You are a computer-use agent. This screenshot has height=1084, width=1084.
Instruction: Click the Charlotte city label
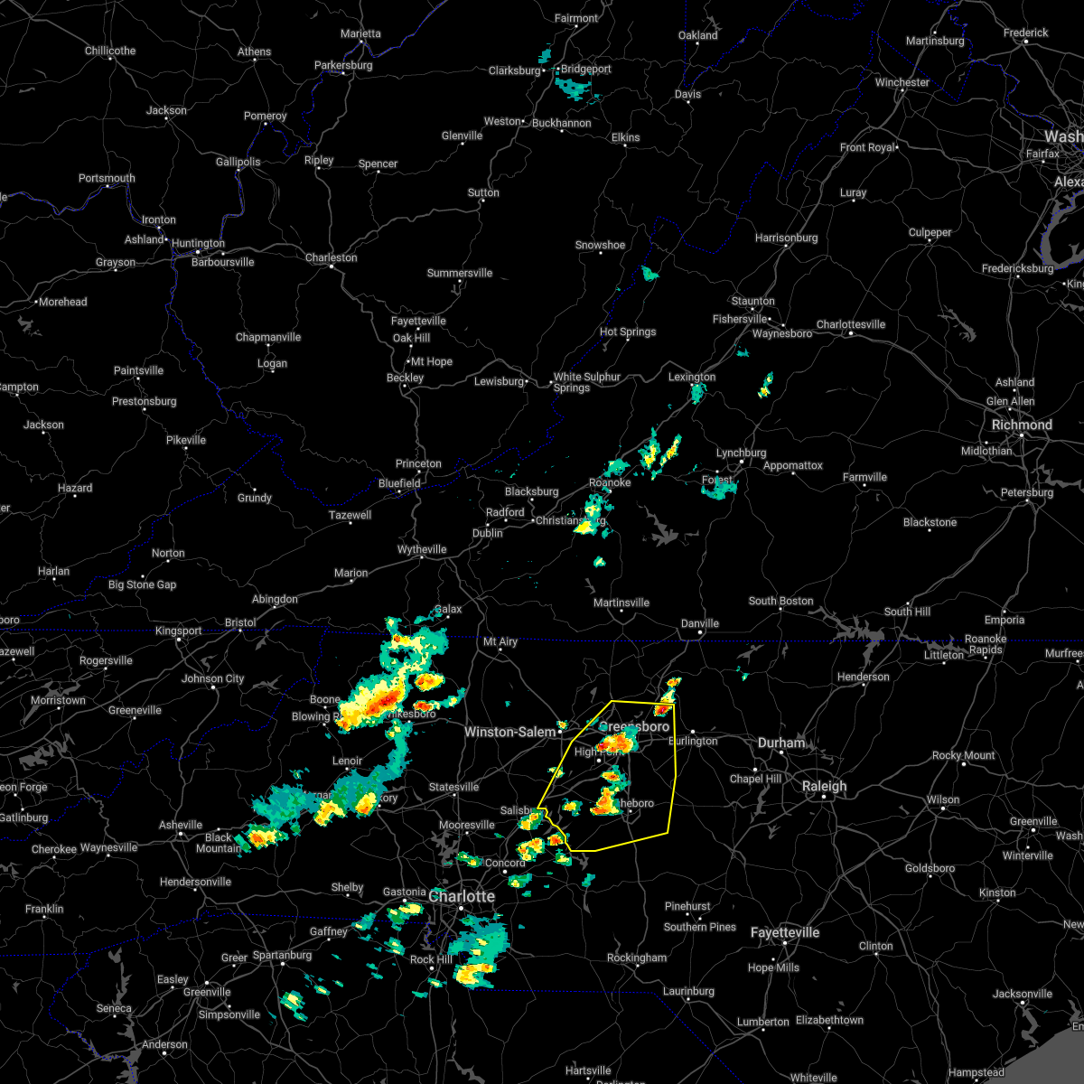462,896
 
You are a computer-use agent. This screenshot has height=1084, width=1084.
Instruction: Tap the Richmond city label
1022,425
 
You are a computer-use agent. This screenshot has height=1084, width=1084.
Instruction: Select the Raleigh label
825,787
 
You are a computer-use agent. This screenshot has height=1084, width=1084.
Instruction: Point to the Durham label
781,743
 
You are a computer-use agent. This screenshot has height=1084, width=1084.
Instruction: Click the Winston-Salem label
510,732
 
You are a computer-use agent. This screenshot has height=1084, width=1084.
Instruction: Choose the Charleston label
331,257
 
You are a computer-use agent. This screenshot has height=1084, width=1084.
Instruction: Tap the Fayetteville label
785,932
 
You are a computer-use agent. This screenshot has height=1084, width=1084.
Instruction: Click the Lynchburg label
741,453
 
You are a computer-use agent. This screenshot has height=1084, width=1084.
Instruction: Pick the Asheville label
181,825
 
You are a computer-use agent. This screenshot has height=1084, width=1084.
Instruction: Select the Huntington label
198,243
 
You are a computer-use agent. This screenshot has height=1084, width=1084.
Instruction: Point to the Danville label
699,623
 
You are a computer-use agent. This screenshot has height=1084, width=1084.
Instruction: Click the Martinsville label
621,603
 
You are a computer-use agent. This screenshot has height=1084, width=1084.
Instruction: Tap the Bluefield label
399,483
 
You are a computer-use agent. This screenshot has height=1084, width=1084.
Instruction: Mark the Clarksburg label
514,70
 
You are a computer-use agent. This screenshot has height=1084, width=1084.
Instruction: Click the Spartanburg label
283,955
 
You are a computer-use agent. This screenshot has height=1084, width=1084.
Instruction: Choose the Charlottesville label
851,324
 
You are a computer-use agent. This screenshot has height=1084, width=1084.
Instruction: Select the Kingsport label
179,631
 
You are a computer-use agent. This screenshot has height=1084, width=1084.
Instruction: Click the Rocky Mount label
964,755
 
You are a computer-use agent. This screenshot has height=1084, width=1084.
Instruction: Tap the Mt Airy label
500,641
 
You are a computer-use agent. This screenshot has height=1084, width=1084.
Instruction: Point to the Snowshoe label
600,245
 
